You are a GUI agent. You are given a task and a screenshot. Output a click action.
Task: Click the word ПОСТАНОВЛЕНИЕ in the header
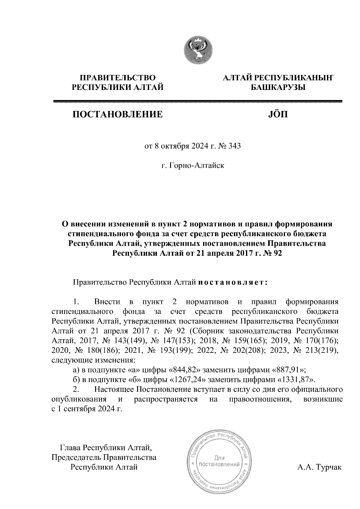[117, 115]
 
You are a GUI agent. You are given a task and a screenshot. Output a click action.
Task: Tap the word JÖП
[277, 114]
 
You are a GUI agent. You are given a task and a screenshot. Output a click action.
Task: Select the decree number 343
[234, 147]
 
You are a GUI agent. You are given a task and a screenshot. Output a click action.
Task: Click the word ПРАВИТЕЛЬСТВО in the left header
[117, 78]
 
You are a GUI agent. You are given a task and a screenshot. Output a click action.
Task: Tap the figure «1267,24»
[188, 380]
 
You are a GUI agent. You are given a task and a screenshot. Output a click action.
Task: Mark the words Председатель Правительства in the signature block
[104, 457]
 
